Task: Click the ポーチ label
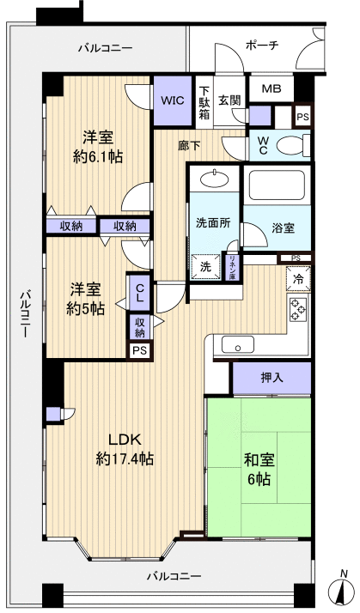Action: click(260, 45)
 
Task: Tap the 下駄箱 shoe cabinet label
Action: click(204, 100)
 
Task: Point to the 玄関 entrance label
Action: click(229, 100)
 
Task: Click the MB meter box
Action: click(271, 89)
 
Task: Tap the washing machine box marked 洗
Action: click(204, 266)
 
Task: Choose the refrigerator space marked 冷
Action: click(297, 279)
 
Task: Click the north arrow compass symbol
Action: click(342, 589)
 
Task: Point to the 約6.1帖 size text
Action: click(98, 157)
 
